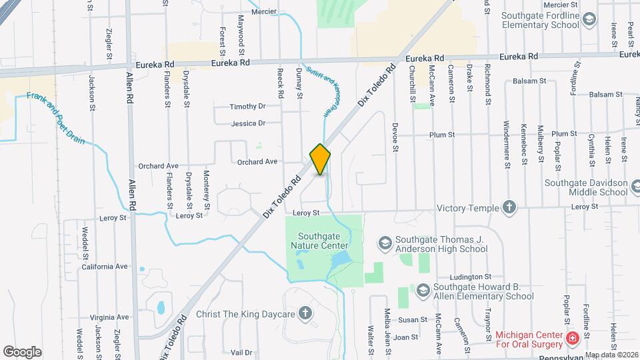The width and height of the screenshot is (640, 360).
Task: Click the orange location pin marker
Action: pos(321,159)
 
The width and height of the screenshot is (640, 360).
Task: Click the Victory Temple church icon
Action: pos(509,207)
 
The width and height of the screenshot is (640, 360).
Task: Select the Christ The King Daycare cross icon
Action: pos(305,313)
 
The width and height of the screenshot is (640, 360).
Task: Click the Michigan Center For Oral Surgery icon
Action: pos(571,339)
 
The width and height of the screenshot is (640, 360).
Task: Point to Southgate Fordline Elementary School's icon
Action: pos(589,20)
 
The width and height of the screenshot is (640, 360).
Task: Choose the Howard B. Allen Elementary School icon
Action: pos(422,290)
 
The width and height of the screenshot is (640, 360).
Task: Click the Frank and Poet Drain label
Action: pos(56,117)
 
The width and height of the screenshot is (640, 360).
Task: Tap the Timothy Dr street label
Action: pos(247,107)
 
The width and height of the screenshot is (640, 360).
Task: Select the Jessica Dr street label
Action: pos(248,123)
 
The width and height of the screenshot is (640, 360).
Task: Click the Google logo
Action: pos(22,351)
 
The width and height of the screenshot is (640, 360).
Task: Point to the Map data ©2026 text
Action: pos(611,355)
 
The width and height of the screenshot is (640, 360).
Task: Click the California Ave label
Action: pos(105,266)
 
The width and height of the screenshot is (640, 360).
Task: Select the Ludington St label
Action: pos(470,276)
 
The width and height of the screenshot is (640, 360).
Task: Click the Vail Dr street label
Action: pos(241,352)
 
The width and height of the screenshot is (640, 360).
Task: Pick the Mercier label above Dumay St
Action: pos(264,11)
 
